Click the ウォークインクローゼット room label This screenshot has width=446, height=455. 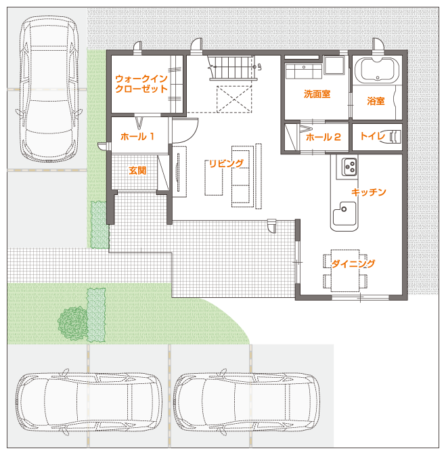[x=141, y=83]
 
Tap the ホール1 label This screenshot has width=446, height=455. [x=137, y=136]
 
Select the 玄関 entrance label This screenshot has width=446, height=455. [x=137, y=171]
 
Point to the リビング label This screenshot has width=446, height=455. [x=226, y=163]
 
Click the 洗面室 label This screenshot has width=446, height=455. [x=317, y=93]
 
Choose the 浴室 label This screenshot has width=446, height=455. [x=376, y=101]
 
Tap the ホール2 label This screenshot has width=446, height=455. [x=324, y=137]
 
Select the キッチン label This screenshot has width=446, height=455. [x=369, y=192]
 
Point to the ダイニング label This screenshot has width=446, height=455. [x=353, y=263]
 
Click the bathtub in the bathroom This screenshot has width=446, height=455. [x=377, y=71]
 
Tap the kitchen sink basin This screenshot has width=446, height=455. [x=344, y=214]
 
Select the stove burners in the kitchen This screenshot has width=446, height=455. [x=349, y=167]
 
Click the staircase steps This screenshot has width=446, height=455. [x=231, y=68]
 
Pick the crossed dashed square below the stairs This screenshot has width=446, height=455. [x=234, y=99]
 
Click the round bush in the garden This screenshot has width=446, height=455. [x=72, y=323]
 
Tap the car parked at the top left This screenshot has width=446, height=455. [x=49, y=89]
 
